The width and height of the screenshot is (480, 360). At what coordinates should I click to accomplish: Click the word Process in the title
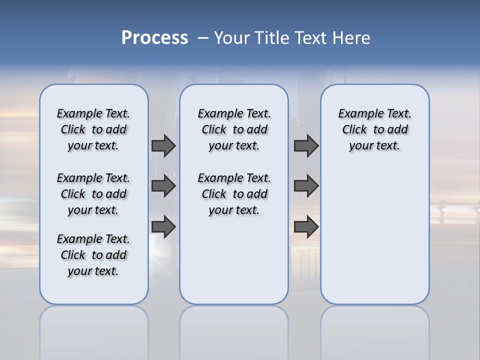pyautogui.click(x=154, y=38)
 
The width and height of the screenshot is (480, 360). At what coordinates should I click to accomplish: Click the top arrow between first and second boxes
pyautogui.click(x=163, y=145)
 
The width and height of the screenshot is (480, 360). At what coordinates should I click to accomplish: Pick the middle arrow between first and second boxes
pyautogui.click(x=163, y=186)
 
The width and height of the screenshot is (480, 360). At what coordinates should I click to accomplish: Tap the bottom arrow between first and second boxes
pyautogui.click(x=163, y=226)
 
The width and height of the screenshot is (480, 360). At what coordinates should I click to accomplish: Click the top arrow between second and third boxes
pyautogui.click(x=306, y=145)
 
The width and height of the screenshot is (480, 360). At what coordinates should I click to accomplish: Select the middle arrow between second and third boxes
pyautogui.click(x=306, y=186)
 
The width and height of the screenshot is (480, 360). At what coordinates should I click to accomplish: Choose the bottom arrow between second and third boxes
pyautogui.click(x=306, y=226)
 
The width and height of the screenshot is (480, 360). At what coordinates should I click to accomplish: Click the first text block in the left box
pyautogui.click(x=93, y=129)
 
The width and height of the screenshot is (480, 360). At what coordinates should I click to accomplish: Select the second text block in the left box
pyautogui.click(x=93, y=194)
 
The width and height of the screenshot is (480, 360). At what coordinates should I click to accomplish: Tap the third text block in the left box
pyautogui.click(x=93, y=255)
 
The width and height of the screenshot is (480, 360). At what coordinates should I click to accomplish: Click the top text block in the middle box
pyautogui.click(x=234, y=129)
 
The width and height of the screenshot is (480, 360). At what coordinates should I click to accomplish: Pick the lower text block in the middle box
pyautogui.click(x=234, y=194)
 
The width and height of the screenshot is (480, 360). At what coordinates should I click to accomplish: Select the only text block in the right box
pyautogui.click(x=374, y=129)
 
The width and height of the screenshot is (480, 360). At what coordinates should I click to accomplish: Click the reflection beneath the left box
pyautogui.click(x=93, y=330)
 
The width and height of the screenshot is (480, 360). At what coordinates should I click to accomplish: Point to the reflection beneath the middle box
pyautogui.click(x=234, y=330)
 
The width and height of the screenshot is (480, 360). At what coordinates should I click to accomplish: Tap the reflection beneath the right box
pyautogui.click(x=374, y=330)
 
